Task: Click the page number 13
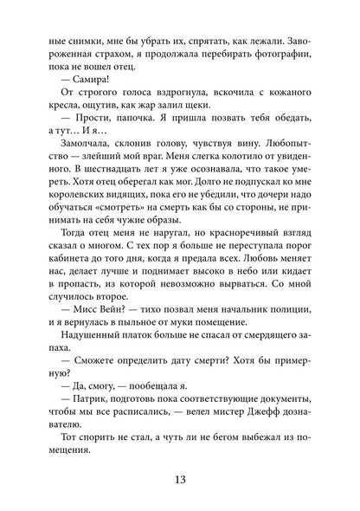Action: pyautogui.click(x=180, y=469)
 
